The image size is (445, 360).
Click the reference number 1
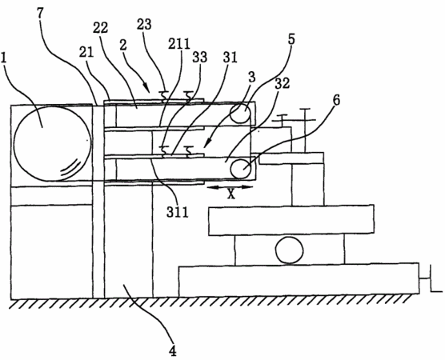tap(4, 58)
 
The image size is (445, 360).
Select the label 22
tap(101, 28)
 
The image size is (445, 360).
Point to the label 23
tap(144, 24)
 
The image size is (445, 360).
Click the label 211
tap(178, 44)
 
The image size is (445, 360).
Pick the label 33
tap(200, 57)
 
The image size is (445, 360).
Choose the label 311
tap(178, 211)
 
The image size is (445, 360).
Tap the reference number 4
tap(173, 350)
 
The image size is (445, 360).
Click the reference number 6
tap(335, 102)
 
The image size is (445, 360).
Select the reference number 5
tap(291, 39)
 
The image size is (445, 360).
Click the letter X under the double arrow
tap(231, 194)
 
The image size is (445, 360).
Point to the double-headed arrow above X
tap(230, 186)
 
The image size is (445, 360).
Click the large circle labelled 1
tap(53, 143)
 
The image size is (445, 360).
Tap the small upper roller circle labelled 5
tap(240, 113)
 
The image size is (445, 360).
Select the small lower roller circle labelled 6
tap(241, 169)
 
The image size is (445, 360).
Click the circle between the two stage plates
tap(289, 250)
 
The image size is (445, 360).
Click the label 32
tap(282, 83)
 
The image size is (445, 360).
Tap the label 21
tap(86, 54)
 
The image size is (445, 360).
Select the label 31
tap(231, 57)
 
